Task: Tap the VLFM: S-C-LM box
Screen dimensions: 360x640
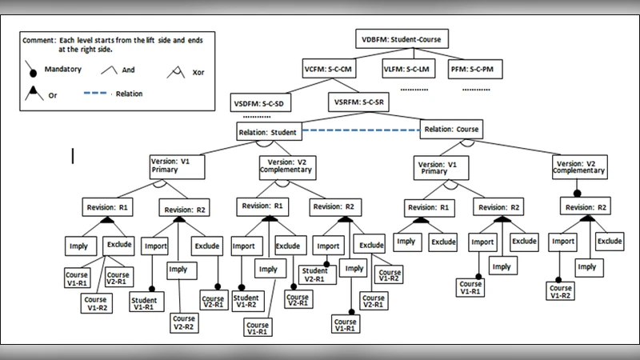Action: point(408,69)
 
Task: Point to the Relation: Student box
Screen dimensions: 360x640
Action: point(269,131)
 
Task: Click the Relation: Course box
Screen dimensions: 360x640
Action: point(451,129)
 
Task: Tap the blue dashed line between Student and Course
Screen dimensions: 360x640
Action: point(360,130)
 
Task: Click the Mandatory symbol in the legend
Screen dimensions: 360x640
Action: point(34,71)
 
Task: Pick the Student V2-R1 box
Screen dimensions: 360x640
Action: point(314,275)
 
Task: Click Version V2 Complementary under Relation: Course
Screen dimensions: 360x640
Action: point(579,168)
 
